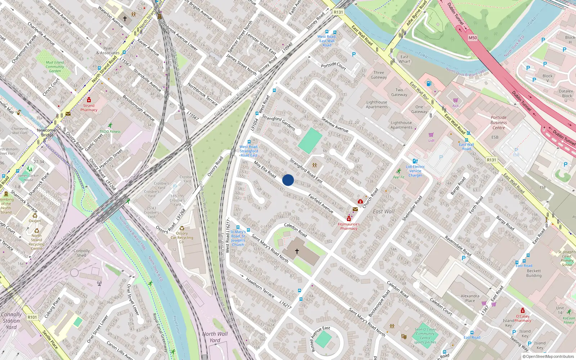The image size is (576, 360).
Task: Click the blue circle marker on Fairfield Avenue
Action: tap(288, 180)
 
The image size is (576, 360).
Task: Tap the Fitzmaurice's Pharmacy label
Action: tap(348, 226)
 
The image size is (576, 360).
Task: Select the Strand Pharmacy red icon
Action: tap(89, 100)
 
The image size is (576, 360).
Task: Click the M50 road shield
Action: tap(473, 38)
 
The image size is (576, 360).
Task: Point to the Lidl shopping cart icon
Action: tap(431, 135)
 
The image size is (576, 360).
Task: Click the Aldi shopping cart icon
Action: tap(455, 100)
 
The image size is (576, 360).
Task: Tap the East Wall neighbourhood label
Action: tap(383, 212)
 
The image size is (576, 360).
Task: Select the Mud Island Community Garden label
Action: tap(55, 67)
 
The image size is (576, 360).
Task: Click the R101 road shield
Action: tap(32, 317)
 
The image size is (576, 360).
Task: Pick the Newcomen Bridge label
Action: tap(47, 132)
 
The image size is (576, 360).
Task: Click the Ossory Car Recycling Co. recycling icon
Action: tap(182, 228)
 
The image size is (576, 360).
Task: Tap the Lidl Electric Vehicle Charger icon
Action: tap(415, 161)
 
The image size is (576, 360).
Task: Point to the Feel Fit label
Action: tap(399, 177)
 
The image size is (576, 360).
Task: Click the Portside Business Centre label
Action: tap(499, 122)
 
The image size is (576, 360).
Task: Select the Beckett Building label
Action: tap(534, 273)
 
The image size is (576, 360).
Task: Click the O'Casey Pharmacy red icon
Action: tap(522, 311)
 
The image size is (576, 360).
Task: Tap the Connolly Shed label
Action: tap(82, 253)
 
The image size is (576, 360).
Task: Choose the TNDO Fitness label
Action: tap(110, 132)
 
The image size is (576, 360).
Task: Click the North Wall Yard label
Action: tap(215, 337)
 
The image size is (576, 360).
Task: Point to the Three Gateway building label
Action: tap(379, 75)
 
